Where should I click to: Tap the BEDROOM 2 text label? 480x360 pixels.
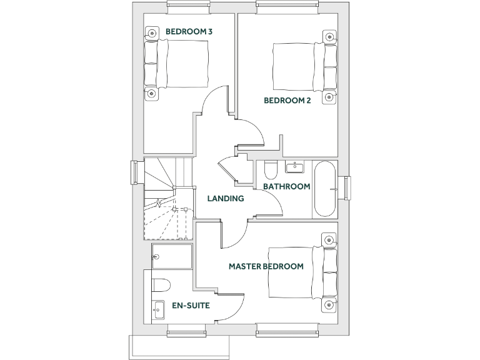[x=287, y=100]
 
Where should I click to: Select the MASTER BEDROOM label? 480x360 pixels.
[x=266, y=266]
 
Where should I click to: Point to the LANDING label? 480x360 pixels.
[x=225, y=199]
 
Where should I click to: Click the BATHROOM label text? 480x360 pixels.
[x=286, y=186]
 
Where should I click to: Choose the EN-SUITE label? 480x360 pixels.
[x=191, y=306]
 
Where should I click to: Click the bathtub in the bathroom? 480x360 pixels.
[x=325, y=189]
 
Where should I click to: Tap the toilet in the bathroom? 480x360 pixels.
[x=271, y=170]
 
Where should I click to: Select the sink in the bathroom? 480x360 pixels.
[x=294, y=167]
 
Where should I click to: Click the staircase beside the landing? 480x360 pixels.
[x=166, y=199]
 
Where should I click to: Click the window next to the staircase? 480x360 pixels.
[x=134, y=173]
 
